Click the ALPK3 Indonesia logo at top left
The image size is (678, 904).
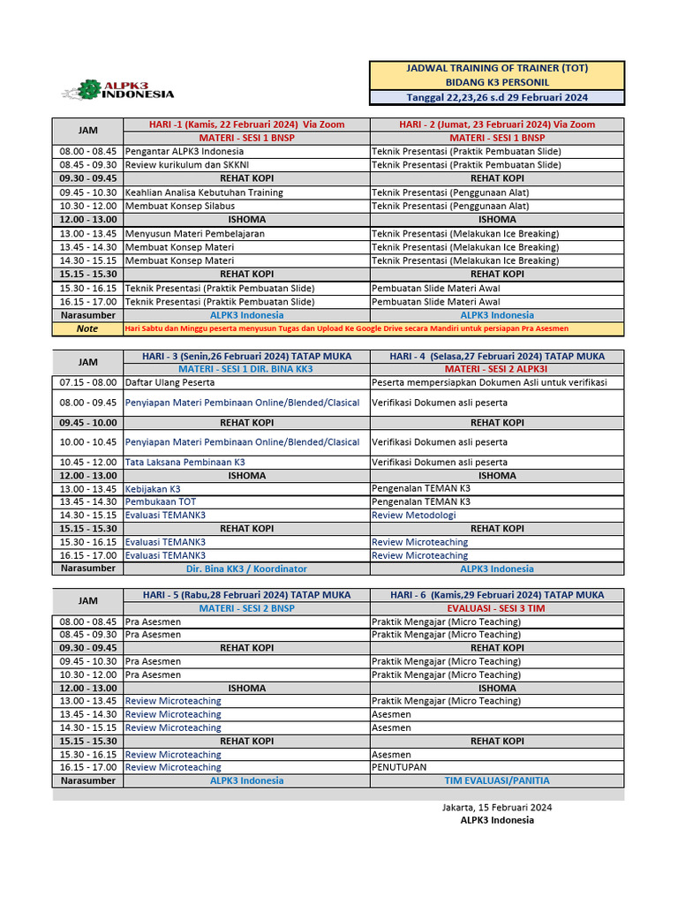point(117,90)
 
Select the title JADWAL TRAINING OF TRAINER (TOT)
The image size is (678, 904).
point(496,68)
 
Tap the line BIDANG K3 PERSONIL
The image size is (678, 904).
point(496,82)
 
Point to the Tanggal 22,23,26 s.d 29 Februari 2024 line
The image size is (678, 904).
point(496,97)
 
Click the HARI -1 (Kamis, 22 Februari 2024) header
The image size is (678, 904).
point(246,124)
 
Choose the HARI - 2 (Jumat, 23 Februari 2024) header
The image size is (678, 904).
point(497,124)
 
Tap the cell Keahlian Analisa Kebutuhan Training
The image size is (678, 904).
point(204,192)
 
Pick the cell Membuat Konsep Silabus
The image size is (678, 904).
point(173,206)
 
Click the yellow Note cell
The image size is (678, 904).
point(87,328)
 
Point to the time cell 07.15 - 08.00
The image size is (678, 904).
point(87,382)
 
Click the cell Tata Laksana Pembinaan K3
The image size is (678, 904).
point(185,462)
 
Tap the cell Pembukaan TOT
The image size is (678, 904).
point(160,501)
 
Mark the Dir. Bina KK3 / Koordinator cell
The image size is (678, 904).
point(246,569)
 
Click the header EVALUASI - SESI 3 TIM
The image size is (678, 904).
point(497,608)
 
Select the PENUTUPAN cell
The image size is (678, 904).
point(398,767)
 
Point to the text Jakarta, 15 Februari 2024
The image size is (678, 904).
point(497,807)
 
